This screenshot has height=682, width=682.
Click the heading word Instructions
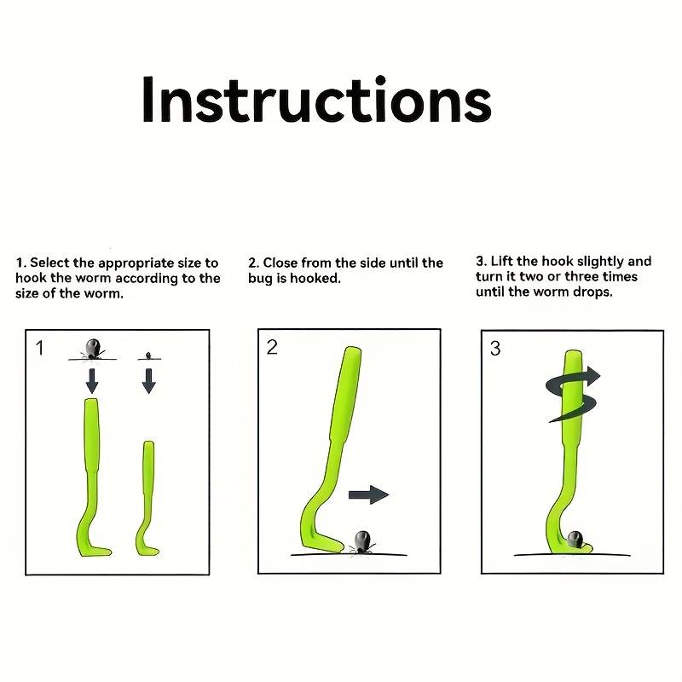[x=316, y=100]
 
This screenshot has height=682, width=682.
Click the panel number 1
[x=39, y=348]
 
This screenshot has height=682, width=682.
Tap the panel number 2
[x=272, y=347]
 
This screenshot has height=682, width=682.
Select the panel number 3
[x=495, y=349]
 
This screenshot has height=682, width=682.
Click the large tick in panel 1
[x=93, y=349]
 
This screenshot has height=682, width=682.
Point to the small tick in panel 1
[x=148, y=355]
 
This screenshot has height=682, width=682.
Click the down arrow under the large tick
[x=92, y=380]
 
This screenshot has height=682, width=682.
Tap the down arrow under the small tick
[x=148, y=381]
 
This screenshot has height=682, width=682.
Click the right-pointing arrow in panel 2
[x=369, y=494]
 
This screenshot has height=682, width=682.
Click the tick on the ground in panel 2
[x=361, y=542]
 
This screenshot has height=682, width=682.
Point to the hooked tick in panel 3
[x=575, y=540]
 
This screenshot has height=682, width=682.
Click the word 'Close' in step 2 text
[x=280, y=263]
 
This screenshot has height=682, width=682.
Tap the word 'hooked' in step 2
[x=315, y=278]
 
